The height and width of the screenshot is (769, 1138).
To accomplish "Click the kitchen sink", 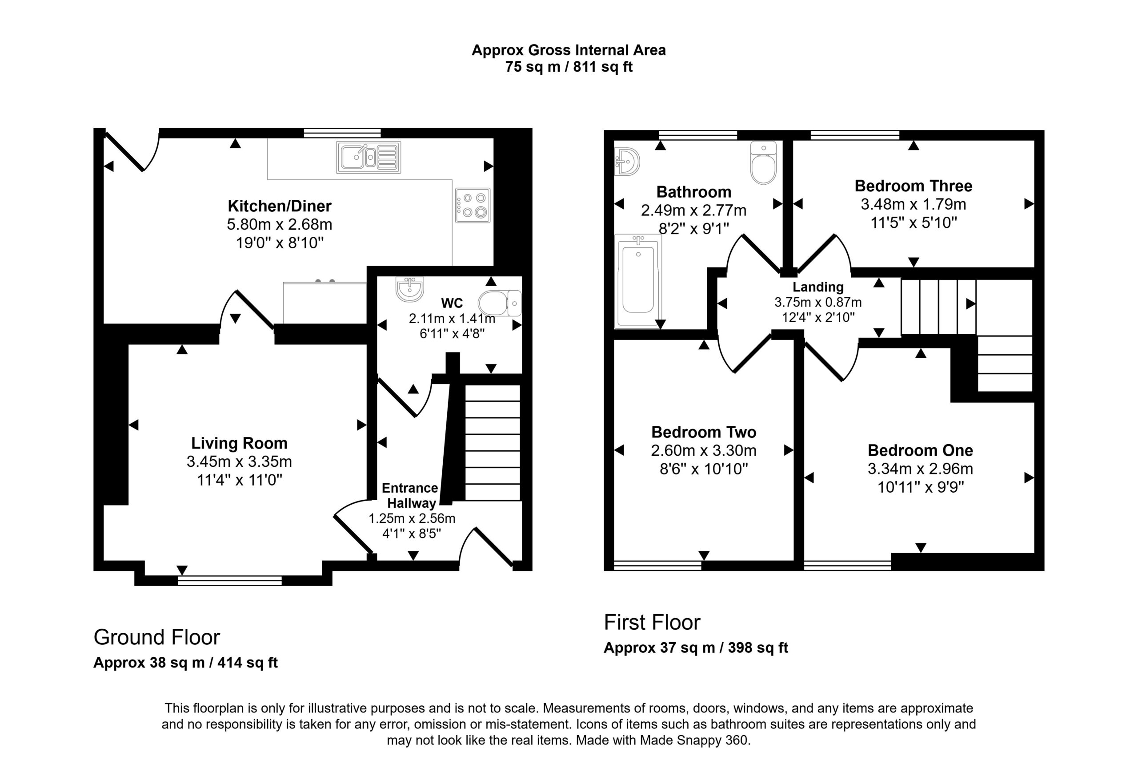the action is tap(368, 158).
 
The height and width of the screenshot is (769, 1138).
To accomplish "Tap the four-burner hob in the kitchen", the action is tap(473, 205).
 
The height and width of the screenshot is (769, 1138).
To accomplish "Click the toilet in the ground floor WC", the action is tap(500, 304).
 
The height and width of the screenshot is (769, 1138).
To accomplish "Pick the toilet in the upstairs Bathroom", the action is tap(763, 163).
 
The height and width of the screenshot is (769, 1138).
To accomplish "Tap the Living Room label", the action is tap(239, 443).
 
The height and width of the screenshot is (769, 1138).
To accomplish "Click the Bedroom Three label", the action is tap(913, 186).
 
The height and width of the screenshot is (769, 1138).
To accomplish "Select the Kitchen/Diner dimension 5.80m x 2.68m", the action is tap(279, 224).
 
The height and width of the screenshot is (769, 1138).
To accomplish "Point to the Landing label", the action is tap(818, 287).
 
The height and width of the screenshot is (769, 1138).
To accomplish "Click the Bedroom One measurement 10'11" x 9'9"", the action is tap(921, 487).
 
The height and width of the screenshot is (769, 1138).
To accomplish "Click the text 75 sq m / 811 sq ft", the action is tap(569, 67).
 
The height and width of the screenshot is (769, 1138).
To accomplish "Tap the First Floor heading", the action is tap(652, 623).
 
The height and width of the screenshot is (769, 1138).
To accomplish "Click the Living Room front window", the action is tap(230, 581).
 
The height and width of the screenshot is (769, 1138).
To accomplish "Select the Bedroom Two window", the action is tap(657, 566).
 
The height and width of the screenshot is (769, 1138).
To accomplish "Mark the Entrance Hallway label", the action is tap(410, 495).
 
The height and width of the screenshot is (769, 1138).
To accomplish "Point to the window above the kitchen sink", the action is tap(342, 133).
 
